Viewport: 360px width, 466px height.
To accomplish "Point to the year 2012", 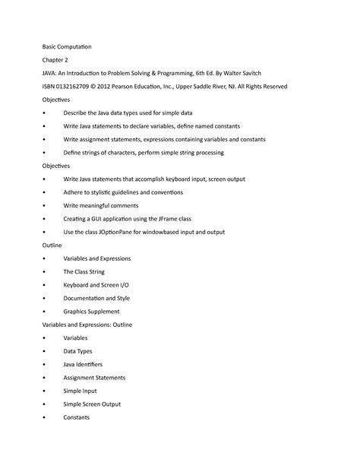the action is pos(111,87).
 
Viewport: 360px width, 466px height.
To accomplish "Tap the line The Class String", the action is pos(84,271).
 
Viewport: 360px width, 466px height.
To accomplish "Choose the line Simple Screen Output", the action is pos(96,404).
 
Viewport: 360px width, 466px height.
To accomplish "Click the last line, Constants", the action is pos(77,417).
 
